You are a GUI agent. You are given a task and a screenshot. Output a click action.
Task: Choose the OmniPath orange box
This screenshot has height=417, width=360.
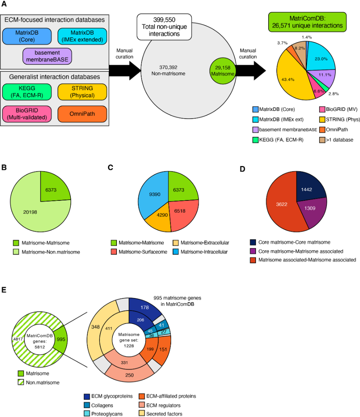83,115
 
